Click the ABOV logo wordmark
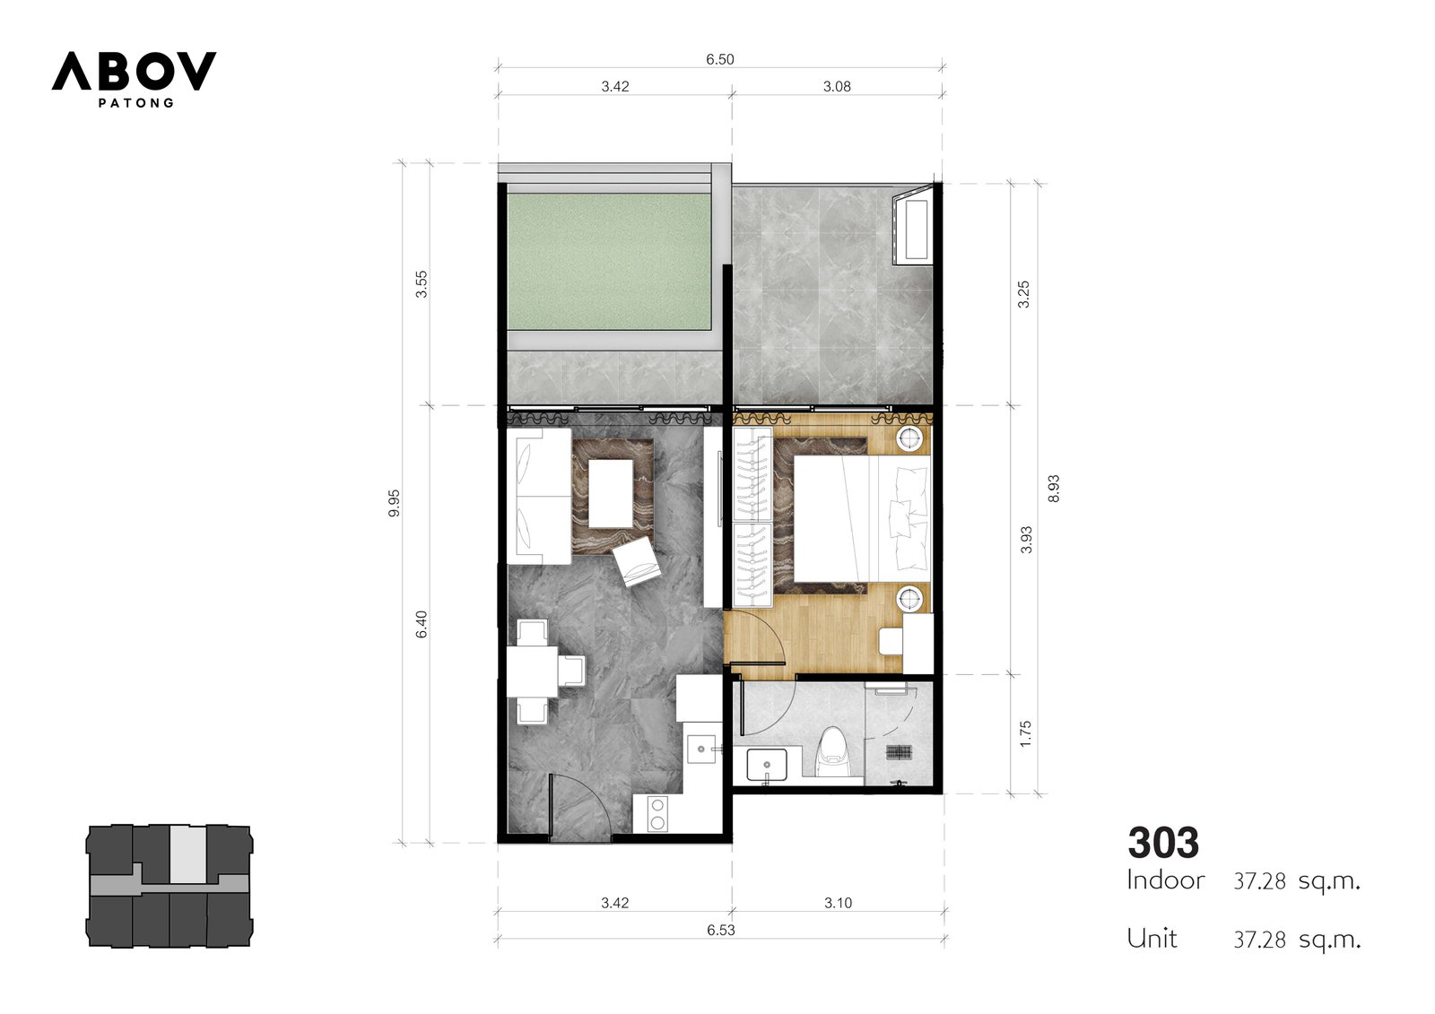click(x=134, y=71)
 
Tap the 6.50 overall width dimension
click(x=720, y=59)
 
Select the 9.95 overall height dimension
click(x=394, y=503)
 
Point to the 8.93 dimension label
click(x=1054, y=488)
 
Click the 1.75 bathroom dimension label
click(x=1026, y=734)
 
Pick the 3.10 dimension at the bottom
click(x=838, y=903)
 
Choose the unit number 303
click(x=1163, y=843)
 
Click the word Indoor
click(x=1166, y=880)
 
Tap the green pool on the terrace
click(x=609, y=262)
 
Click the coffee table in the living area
click(x=611, y=493)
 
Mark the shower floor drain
click(x=899, y=752)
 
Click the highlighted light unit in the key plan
click(x=187, y=854)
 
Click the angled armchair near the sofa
click(x=637, y=562)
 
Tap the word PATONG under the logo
click(x=135, y=103)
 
